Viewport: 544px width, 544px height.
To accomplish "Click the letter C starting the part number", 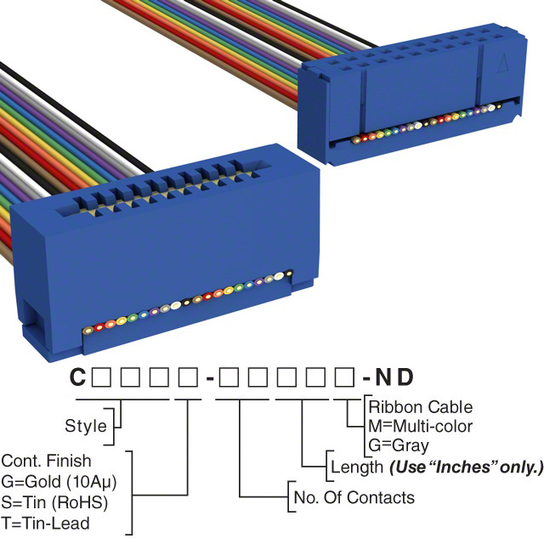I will [x=77, y=377].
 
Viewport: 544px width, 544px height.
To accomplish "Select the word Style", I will [x=86, y=426].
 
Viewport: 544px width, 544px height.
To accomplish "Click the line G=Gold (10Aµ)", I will [x=59, y=481].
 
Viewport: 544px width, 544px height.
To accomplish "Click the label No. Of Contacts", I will [x=353, y=497].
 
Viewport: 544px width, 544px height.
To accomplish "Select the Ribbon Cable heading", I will [x=420, y=407].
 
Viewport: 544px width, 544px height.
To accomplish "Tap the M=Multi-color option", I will [x=420, y=426].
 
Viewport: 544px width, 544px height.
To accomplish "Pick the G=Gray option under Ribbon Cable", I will [x=399, y=445].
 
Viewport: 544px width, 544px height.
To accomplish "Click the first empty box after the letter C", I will [x=100, y=376].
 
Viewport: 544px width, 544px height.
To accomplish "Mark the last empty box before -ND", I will [x=345, y=376].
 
